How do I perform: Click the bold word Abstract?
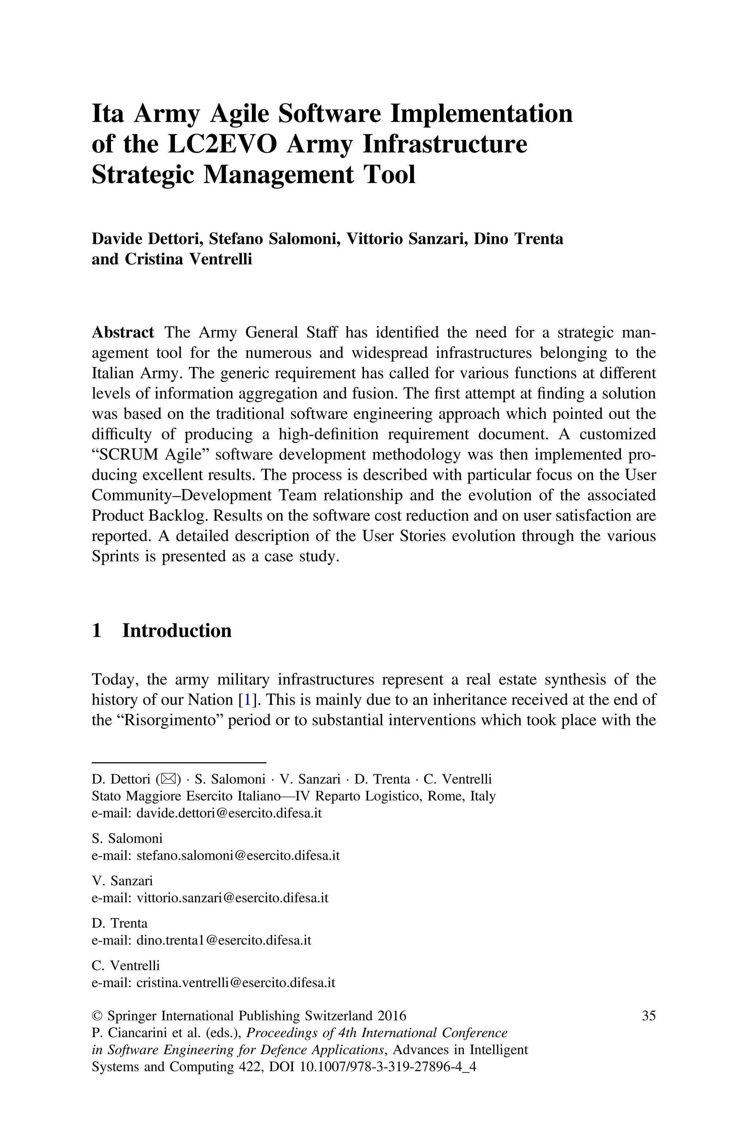click(x=123, y=332)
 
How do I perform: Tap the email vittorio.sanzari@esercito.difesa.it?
click(x=232, y=898)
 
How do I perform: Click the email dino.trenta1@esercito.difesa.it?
click(x=224, y=940)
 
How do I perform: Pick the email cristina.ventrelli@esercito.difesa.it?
click(x=236, y=983)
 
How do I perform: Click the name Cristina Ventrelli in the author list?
click(x=188, y=259)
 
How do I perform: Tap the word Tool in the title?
click(x=391, y=175)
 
